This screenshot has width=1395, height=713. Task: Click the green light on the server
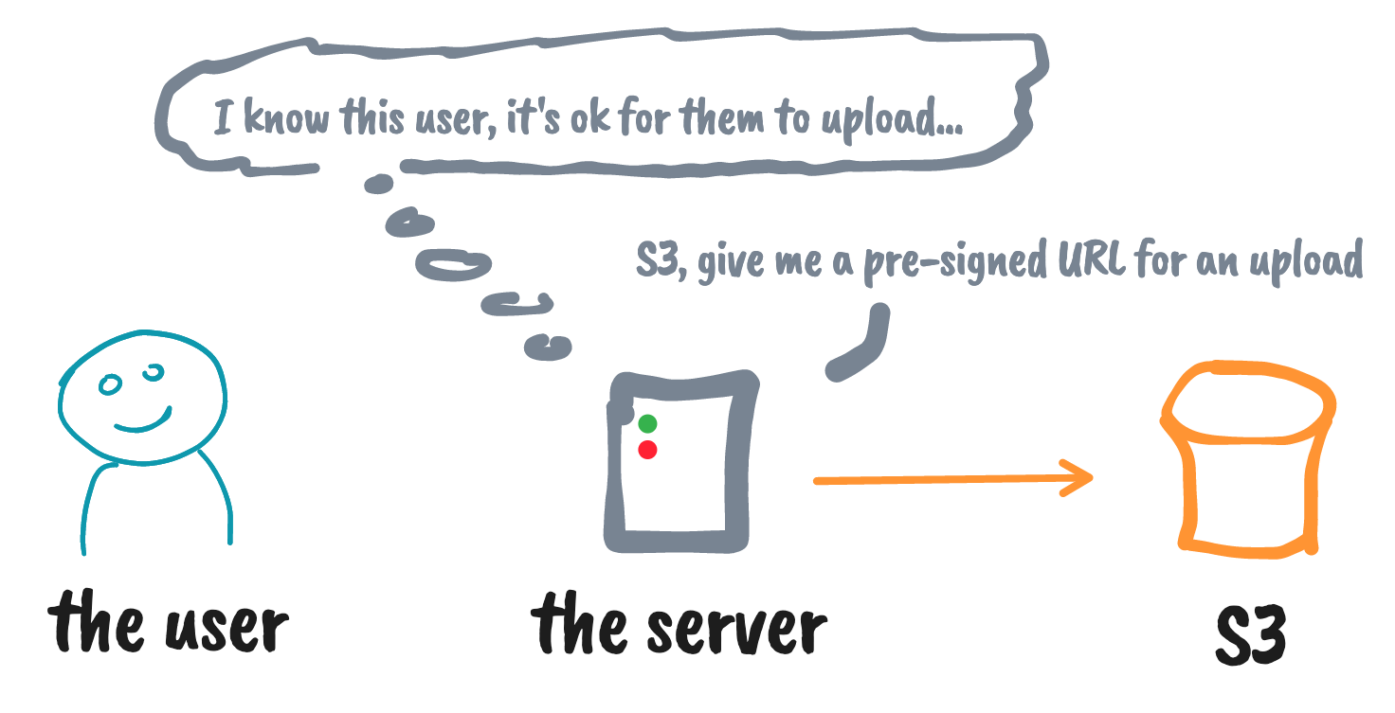(x=647, y=423)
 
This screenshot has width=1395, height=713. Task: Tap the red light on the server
(x=647, y=450)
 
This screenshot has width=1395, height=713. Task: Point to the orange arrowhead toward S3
(x=1080, y=477)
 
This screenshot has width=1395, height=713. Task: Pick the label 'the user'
(x=168, y=625)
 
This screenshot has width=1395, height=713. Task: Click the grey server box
(x=681, y=464)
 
